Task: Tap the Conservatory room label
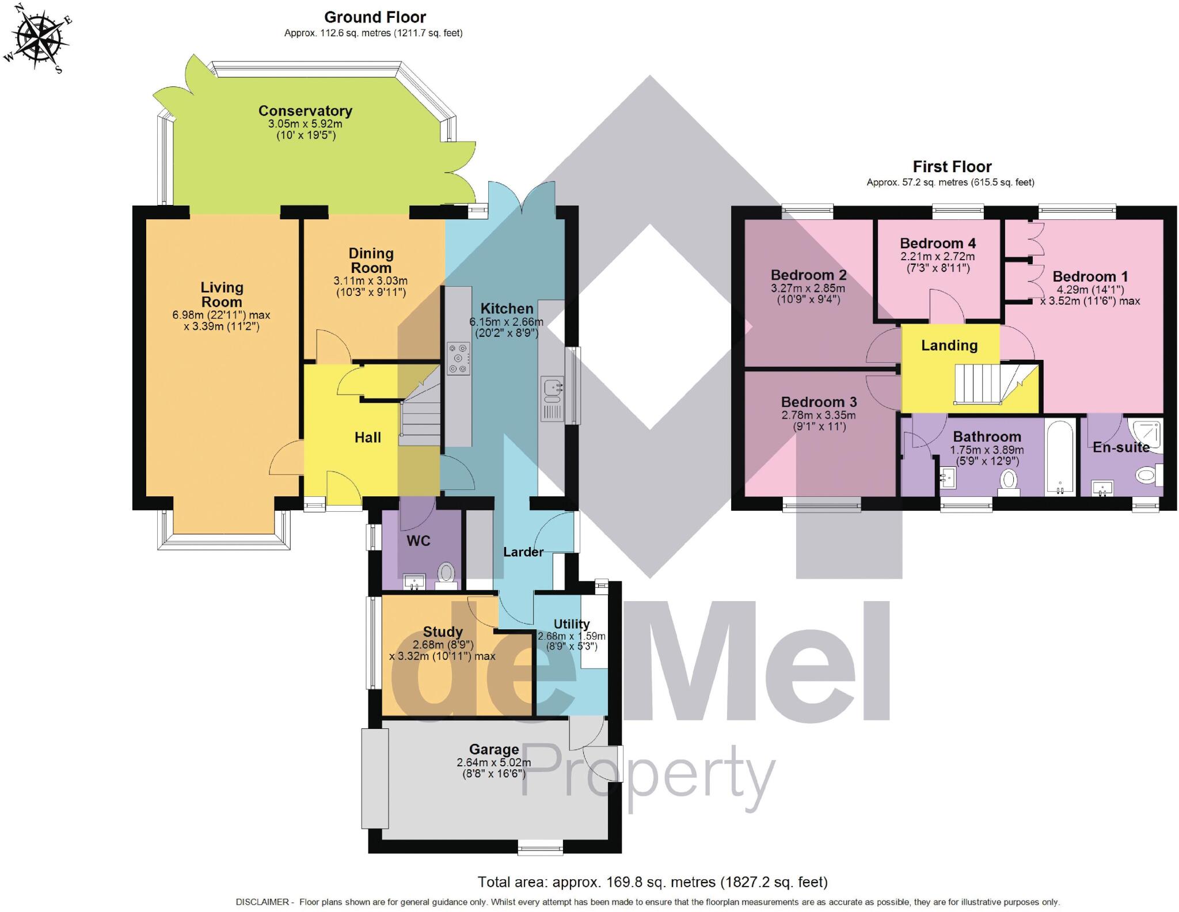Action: click(x=305, y=111)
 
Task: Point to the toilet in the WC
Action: click(x=446, y=574)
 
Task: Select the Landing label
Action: click(x=949, y=345)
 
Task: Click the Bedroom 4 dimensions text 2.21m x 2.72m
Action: click(x=938, y=257)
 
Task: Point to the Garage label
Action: click(x=494, y=750)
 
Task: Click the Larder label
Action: click(x=523, y=552)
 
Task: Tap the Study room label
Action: click(x=443, y=632)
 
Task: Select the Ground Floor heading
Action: click(x=375, y=17)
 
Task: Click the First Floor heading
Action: click(x=952, y=167)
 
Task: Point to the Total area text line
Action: click(x=652, y=881)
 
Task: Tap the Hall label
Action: click(x=368, y=438)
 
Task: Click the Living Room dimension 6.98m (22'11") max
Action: click(x=221, y=315)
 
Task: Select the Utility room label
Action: click(x=571, y=624)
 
